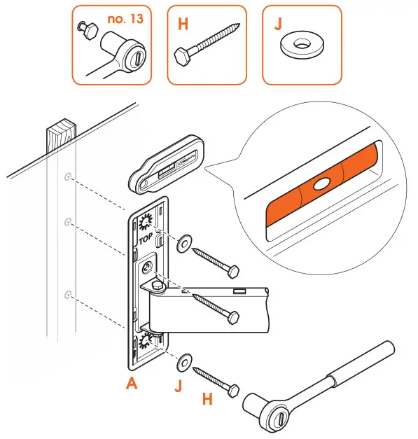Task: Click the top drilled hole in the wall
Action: [67, 177]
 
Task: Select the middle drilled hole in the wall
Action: [67, 223]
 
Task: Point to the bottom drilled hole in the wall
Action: [67, 294]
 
